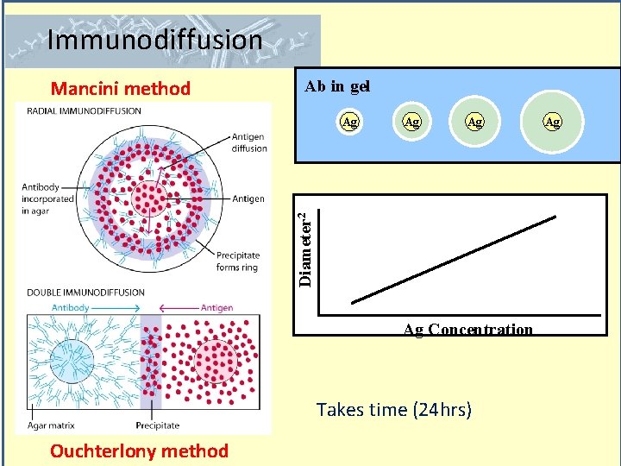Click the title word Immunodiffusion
[155, 40]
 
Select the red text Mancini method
[121, 88]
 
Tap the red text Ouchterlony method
[139, 450]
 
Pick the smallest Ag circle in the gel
[349, 123]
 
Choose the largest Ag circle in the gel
[552, 123]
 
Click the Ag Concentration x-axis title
[468, 329]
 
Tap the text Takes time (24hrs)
[394, 409]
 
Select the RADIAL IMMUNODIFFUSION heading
[84, 110]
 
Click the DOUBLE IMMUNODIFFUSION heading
[85, 292]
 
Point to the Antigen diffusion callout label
[248, 142]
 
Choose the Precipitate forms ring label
[238, 261]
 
